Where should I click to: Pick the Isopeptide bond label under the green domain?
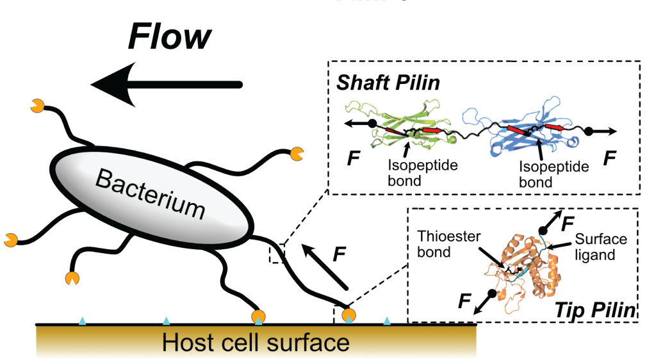[x=413, y=174]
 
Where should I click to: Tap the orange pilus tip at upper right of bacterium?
[x=297, y=154]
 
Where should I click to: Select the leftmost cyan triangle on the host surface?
[x=82, y=320]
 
